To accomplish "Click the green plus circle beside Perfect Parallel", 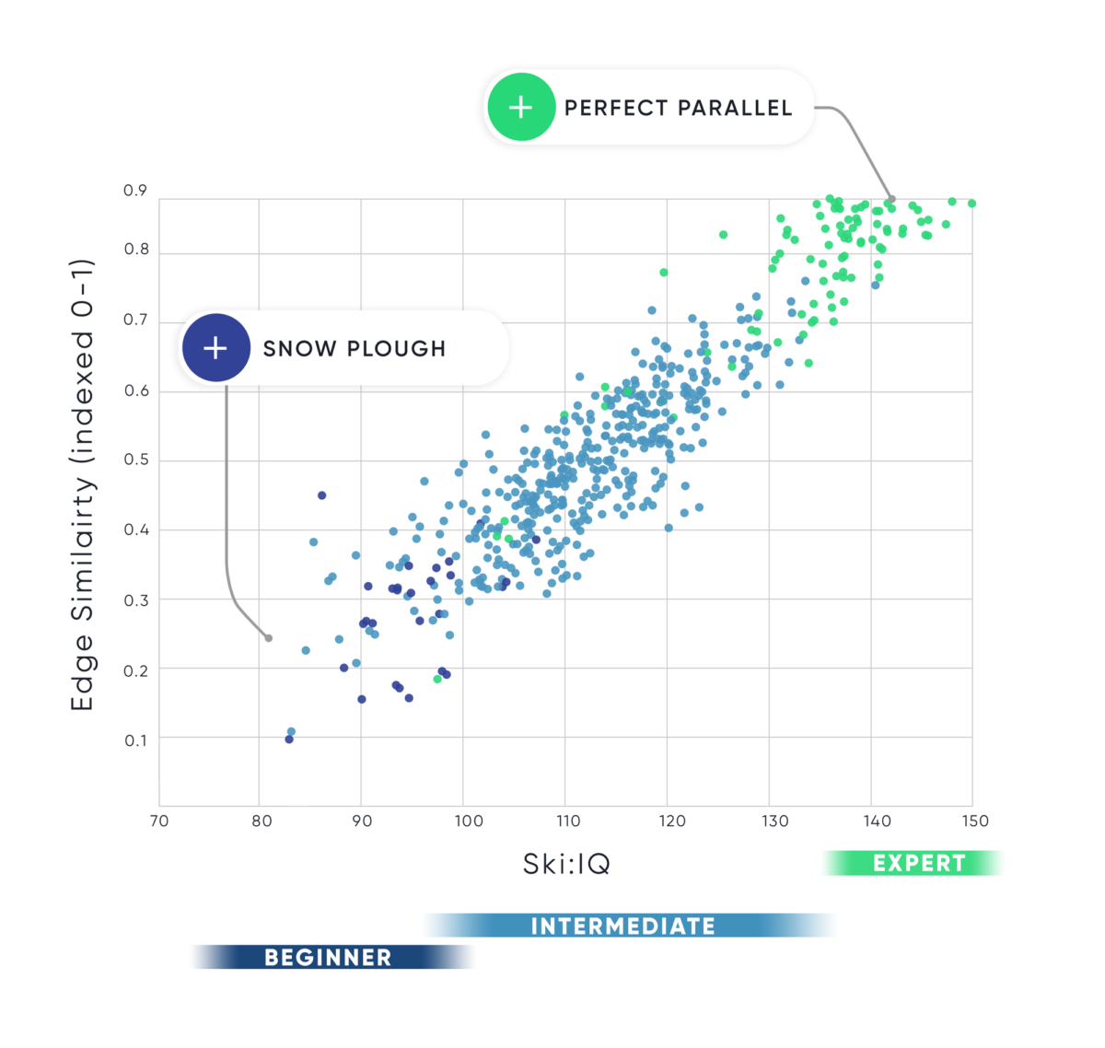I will point(521,108).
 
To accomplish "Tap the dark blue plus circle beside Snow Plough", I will point(215,348).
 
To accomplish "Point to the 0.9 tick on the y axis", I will point(135,191).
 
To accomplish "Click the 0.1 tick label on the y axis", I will point(135,740).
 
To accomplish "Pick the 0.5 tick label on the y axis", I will point(135,460).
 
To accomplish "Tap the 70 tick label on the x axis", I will point(159,821).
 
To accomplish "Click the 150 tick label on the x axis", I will point(974,821).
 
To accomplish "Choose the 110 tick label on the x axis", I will point(568,821).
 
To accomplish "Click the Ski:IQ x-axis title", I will point(566,864).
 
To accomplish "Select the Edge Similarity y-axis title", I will point(83,485).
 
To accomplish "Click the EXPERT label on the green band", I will point(919,864).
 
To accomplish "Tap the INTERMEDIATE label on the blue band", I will point(623,926).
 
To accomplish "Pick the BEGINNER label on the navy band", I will point(328,958).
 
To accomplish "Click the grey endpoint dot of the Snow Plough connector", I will point(269,638).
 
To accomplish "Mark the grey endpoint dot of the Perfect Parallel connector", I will point(891,199).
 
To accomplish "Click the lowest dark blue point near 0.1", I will point(289,739).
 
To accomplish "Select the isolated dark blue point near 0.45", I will point(321,495).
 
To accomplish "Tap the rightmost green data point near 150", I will point(972,204).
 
